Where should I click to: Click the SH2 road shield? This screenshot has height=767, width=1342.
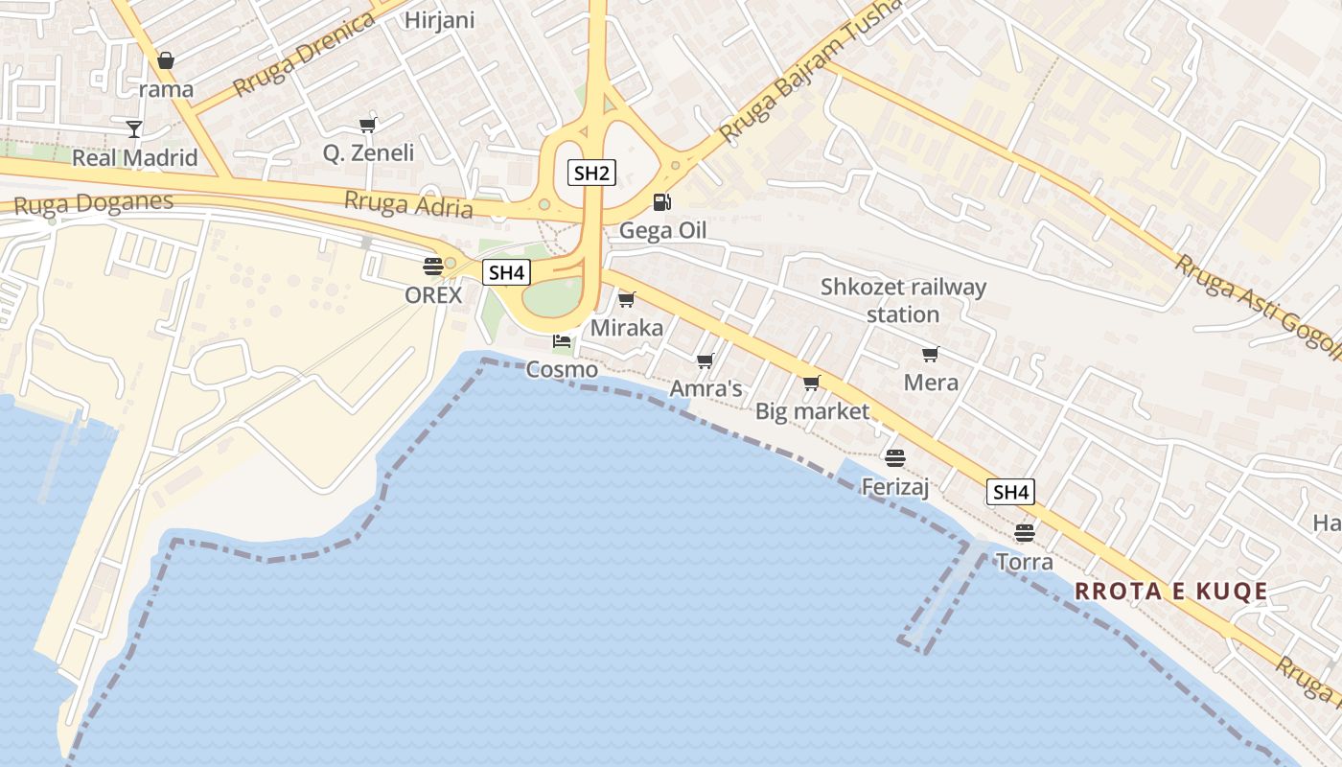click(x=591, y=173)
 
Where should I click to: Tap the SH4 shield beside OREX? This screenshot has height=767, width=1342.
click(x=506, y=272)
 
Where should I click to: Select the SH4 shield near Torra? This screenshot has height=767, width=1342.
click(x=1010, y=493)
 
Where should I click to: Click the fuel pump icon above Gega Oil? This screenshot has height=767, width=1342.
click(x=661, y=202)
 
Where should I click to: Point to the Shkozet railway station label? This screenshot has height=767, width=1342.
click(x=903, y=300)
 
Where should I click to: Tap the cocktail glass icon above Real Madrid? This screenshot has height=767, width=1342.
click(x=134, y=128)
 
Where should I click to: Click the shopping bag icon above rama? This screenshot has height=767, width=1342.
click(x=166, y=61)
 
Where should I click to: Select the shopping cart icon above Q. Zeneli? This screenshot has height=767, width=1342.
click(x=368, y=124)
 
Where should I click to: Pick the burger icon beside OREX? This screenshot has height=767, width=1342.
click(x=433, y=267)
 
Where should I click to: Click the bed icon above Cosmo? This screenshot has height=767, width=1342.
click(x=562, y=340)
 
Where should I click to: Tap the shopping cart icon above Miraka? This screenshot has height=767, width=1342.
click(x=627, y=300)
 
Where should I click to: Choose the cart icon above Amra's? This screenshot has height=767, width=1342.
click(x=706, y=361)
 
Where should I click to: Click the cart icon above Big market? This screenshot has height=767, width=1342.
click(x=812, y=383)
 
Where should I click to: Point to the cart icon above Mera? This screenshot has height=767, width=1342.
click(x=930, y=355)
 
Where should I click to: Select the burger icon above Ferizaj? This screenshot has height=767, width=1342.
click(x=895, y=458)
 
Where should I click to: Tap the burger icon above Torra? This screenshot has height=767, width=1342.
click(x=1025, y=532)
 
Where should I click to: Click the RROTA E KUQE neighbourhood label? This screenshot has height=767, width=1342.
click(x=1171, y=591)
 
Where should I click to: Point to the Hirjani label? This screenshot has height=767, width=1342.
click(x=440, y=20)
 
